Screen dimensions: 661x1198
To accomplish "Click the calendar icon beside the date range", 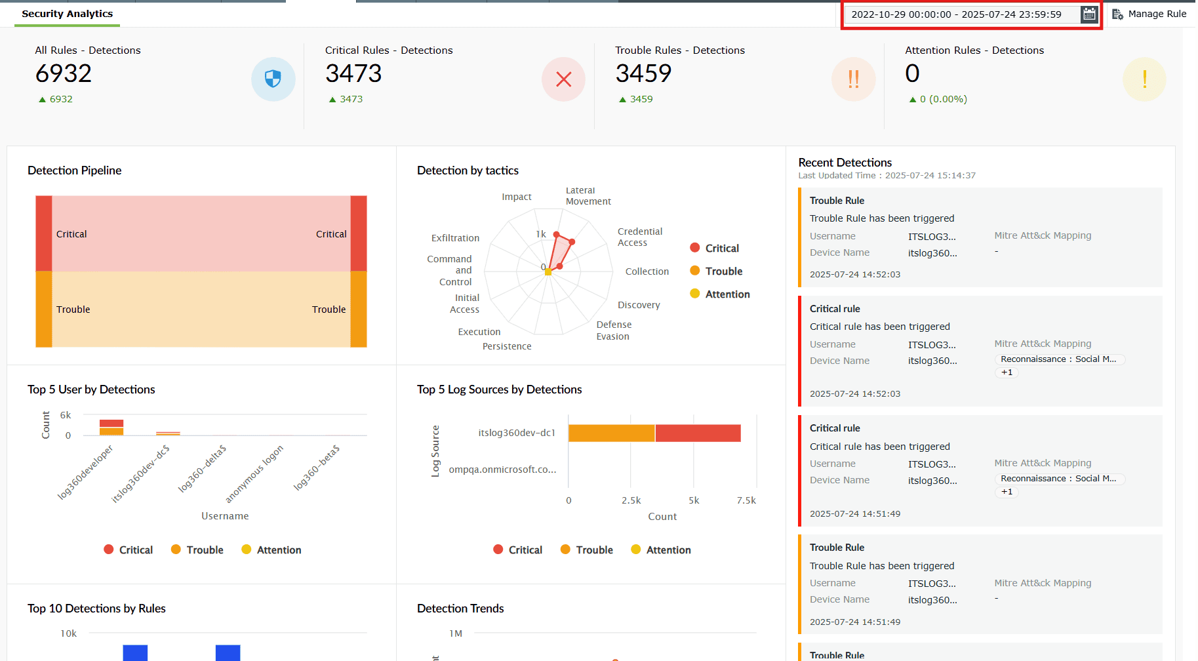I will tap(1088, 14).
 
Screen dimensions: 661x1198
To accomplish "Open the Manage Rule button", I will tap(1149, 14).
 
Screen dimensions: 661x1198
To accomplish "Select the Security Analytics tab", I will tap(67, 14).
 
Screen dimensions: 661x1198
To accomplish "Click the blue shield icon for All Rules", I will tap(273, 79).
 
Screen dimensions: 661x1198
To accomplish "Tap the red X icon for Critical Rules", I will tap(563, 79).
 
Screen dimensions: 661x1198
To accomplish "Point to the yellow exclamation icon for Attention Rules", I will tap(1144, 79).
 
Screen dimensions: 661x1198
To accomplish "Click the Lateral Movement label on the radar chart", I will tap(588, 196).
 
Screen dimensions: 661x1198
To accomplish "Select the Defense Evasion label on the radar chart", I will tap(614, 330).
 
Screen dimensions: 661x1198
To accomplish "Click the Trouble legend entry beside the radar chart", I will tap(723, 271).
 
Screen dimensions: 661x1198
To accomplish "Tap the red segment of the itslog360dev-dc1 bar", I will tap(698, 433).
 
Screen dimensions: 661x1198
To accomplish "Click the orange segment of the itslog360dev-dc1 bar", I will tap(611, 433).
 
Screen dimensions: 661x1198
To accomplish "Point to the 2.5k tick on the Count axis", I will tap(631, 500).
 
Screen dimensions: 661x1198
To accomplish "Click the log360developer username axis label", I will tap(85, 472).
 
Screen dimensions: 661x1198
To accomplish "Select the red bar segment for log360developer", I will tap(111, 423).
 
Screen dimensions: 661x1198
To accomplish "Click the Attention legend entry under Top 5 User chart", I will tap(278, 550).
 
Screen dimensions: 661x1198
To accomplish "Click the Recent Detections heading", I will tap(845, 163).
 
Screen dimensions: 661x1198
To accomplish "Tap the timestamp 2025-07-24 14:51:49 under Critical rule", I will tap(854, 513).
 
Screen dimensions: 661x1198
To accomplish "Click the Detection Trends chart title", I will tap(460, 609).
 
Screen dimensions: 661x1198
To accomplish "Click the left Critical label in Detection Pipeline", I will tap(71, 234).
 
